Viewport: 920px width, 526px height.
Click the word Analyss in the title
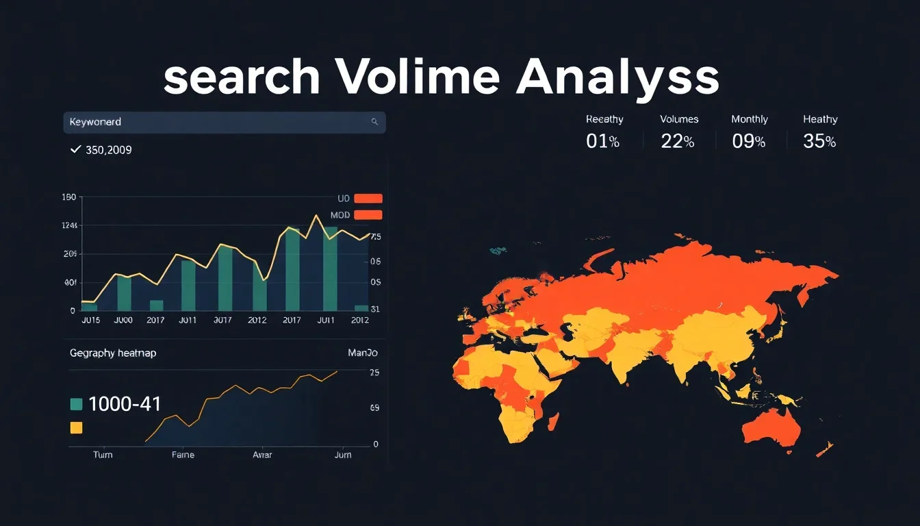617,79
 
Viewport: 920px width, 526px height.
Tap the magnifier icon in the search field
374,122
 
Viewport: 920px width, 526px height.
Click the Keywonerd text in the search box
95,122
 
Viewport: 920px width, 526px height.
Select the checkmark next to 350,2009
76,149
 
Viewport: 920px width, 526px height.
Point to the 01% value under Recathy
602,141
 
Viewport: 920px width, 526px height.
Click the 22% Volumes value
678,141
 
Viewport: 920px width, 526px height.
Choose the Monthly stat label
750,119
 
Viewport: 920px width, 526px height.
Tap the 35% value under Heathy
819,141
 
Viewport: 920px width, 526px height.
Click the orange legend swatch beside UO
368,199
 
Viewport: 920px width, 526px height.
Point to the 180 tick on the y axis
68,197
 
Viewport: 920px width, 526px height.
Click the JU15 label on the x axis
90,320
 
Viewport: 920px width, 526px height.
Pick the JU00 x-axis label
123,320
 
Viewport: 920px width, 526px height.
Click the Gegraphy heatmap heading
113,353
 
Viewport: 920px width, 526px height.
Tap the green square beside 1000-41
77,404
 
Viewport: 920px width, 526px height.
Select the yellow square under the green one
77,428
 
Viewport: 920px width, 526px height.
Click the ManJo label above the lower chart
363,353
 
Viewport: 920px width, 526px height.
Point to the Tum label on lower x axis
103,455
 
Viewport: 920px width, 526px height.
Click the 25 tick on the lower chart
374,373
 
